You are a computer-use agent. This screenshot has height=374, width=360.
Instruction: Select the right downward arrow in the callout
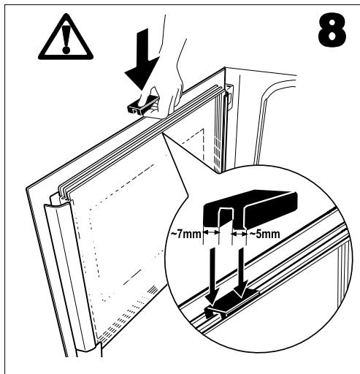coord(240,269)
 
